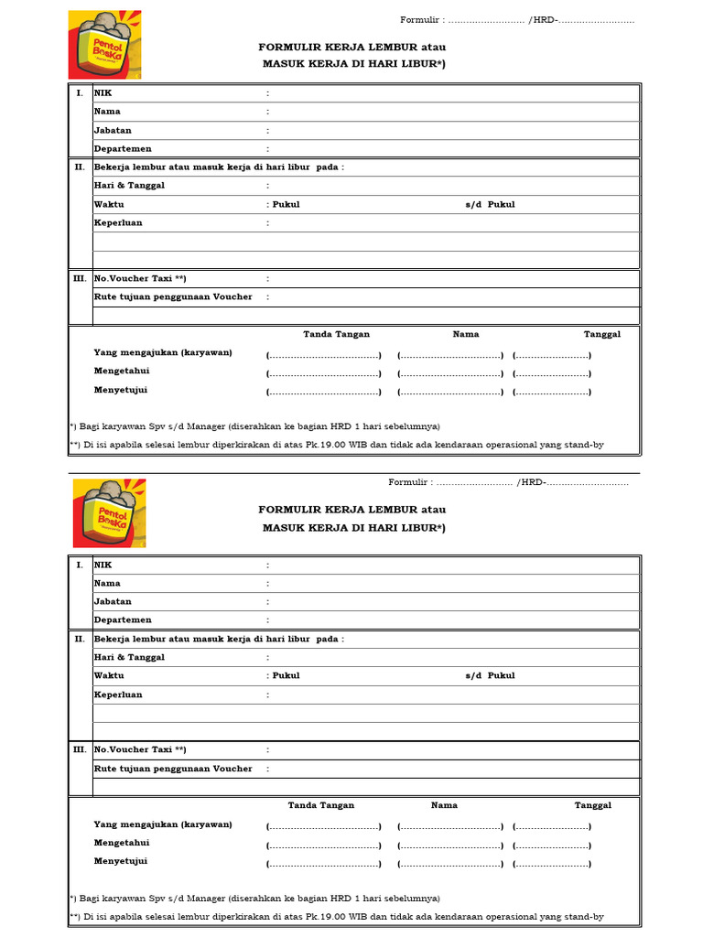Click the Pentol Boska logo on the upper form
104,45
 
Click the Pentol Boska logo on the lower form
109,513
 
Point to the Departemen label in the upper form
123,149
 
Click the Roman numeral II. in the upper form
80,167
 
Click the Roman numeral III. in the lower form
80,749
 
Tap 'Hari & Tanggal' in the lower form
129,657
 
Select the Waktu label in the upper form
109,204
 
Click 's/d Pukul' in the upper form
490,204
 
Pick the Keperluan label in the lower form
118,695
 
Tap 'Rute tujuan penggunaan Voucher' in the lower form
173,769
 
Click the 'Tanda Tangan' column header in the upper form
337,334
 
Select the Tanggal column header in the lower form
593,805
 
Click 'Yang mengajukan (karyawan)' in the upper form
163,353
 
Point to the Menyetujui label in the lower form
121,861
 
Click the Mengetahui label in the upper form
122,372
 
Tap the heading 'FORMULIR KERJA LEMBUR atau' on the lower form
352,509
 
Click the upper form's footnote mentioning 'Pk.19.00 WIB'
337,445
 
